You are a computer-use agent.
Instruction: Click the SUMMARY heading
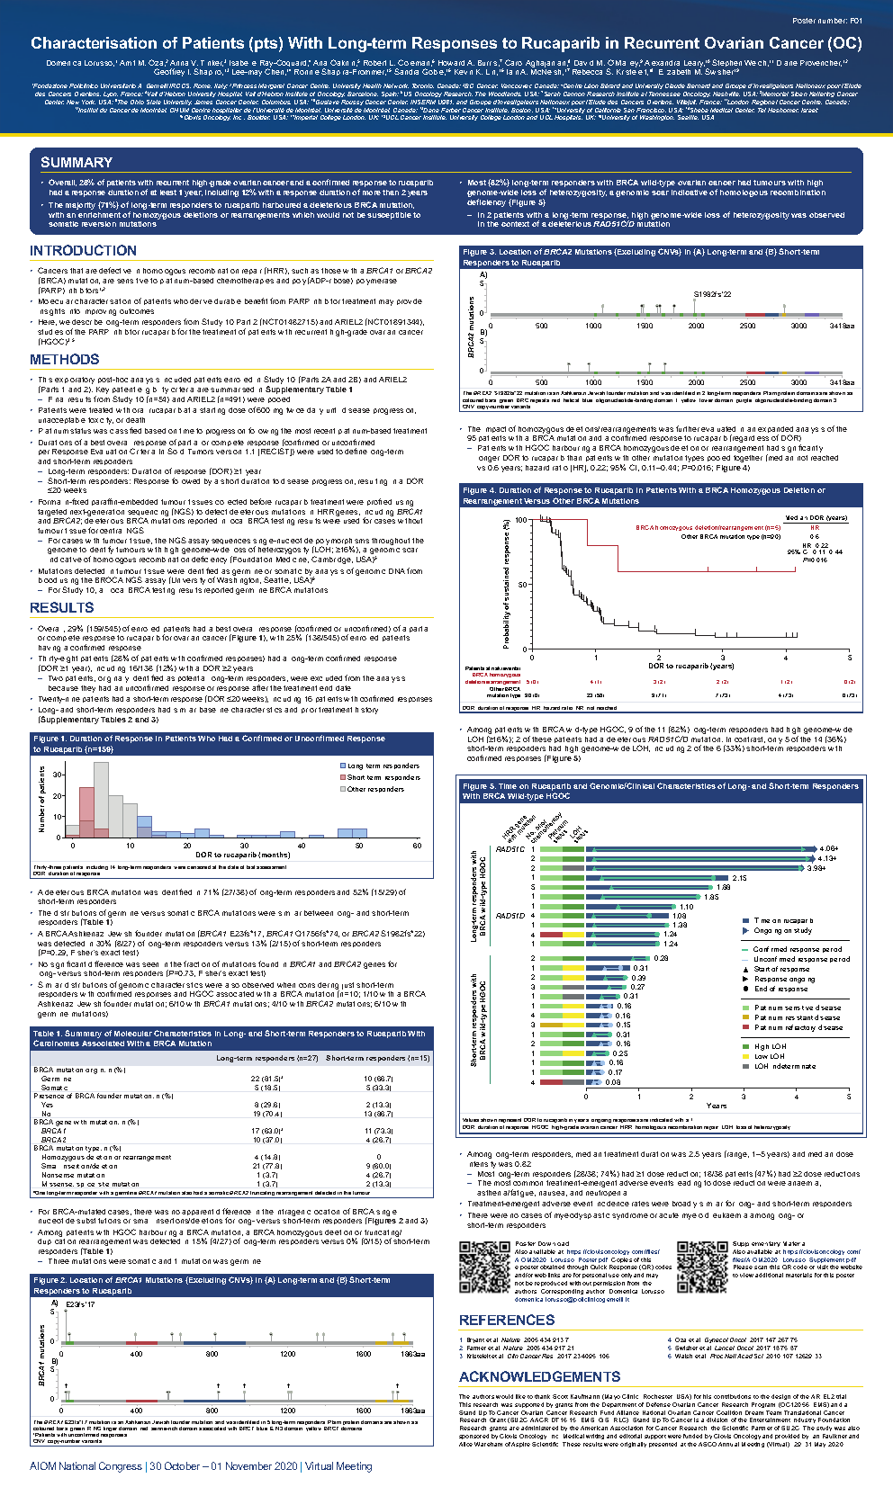(x=77, y=162)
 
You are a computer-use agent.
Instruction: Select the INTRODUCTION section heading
(x=83, y=251)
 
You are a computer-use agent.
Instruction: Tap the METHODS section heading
(x=64, y=359)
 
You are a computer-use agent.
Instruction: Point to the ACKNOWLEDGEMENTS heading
(x=539, y=1376)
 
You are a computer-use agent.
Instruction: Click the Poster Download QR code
(x=484, y=1267)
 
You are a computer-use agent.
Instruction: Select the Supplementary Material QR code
(x=701, y=1267)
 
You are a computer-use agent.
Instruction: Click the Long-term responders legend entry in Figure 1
(x=383, y=766)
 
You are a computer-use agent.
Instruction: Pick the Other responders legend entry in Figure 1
(x=375, y=789)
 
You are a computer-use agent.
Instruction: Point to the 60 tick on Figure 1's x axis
(x=417, y=846)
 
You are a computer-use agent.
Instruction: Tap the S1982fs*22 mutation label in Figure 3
(x=712, y=294)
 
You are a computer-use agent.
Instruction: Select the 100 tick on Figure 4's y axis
(x=520, y=520)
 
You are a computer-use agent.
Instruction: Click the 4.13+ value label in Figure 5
(x=826, y=858)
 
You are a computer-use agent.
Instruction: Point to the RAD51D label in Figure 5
(x=510, y=916)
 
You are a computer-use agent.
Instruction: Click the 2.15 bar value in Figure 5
(x=739, y=878)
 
